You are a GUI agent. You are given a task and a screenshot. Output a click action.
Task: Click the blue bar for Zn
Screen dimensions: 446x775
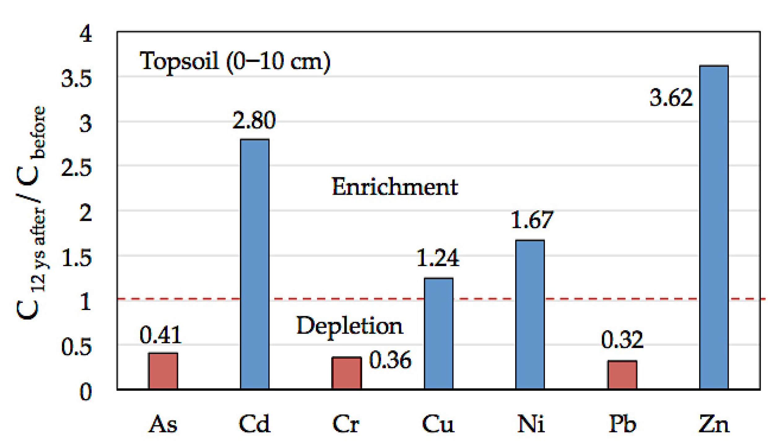click(x=714, y=228)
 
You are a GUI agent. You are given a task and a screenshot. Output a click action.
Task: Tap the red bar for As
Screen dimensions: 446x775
click(x=163, y=371)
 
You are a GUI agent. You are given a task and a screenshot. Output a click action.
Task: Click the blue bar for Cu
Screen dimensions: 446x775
click(x=438, y=334)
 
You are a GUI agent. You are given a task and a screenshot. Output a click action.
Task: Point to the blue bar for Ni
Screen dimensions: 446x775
click(x=530, y=314)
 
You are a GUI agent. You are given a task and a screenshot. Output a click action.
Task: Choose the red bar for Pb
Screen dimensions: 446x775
click(x=622, y=374)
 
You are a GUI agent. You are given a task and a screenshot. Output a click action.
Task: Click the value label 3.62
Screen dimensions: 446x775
click(x=671, y=98)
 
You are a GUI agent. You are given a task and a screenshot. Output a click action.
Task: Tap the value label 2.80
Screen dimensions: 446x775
click(x=254, y=120)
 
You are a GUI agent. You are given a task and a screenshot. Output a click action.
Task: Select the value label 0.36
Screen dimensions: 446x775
click(x=390, y=360)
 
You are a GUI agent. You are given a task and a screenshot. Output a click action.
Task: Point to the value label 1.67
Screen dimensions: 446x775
click(x=531, y=220)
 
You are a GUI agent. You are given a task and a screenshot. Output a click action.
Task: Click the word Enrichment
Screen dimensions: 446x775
click(x=395, y=187)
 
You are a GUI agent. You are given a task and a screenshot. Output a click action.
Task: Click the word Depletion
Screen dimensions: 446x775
click(x=350, y=326)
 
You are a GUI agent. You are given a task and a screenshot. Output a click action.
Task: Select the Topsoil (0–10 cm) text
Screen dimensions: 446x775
click(x=235, y=61)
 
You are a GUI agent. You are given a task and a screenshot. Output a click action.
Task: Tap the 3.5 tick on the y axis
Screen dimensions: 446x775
click(x=77, y=79)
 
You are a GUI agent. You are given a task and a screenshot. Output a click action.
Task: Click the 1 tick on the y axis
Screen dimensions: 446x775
click(x=85, y=302)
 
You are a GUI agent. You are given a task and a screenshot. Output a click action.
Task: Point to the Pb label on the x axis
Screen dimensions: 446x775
click(x=622, y=424)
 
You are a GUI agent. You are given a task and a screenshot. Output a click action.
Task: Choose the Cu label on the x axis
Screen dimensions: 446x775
click(x=438, y=424)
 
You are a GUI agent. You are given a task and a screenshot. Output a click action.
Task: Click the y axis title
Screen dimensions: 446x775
click(x=31, y=214)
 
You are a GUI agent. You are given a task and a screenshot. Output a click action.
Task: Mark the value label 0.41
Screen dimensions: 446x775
click(x=160, y=335)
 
